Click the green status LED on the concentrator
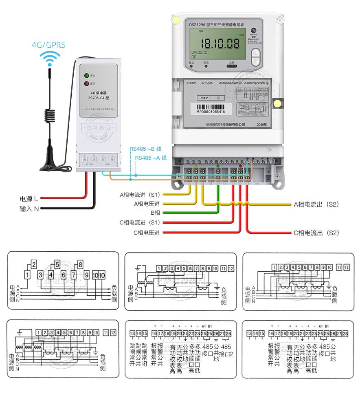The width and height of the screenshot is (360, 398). tap(86, 76)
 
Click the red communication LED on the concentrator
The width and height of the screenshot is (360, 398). tap(86, 84)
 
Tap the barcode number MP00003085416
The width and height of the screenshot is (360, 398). tap(211, 111)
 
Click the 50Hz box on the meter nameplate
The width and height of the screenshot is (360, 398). tap(204, 98)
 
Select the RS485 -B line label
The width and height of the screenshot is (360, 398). tap(145, 149)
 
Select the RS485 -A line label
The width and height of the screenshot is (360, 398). tap(151, 158)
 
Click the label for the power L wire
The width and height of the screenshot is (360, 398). tap(29, 199)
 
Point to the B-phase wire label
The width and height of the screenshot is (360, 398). tap(155, 213)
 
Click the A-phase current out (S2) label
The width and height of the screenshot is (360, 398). tap(316, 204)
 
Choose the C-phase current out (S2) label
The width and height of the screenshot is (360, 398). tap(316, 233)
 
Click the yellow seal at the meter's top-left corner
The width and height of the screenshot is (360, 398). tap(177, 19)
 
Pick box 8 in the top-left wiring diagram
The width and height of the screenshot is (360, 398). tap(80, 265)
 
